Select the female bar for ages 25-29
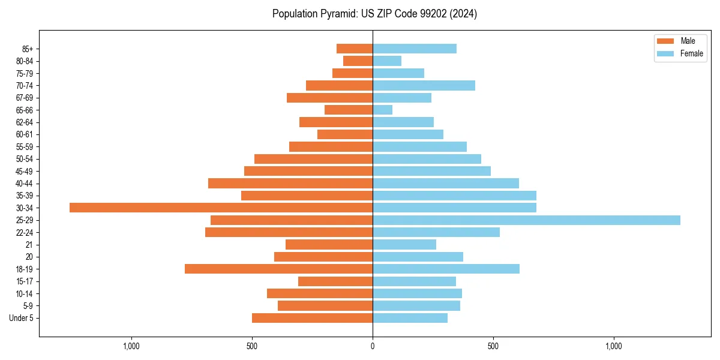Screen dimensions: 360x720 point(526,220)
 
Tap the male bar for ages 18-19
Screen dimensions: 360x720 point(278,269)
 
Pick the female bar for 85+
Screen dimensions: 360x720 point(415,49)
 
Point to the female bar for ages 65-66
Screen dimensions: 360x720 point(382,110)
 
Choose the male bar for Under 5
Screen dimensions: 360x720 point(312,318)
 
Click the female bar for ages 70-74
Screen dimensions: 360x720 point(424,85)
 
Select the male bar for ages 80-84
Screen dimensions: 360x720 point(358,61)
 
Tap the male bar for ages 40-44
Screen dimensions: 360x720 point(290,183)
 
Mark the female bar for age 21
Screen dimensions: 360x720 point(404,244)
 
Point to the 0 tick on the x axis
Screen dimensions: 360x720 point(373,346)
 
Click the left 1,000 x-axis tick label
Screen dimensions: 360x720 point(131,346)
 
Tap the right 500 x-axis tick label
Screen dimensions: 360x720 point(493,346)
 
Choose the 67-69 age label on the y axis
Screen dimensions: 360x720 point(25,98)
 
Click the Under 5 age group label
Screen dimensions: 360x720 point(21,318)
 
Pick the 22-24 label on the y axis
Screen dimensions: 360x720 point(25,232)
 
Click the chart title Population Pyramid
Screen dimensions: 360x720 point(374,14)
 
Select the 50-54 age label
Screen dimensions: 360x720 point(25,159)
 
